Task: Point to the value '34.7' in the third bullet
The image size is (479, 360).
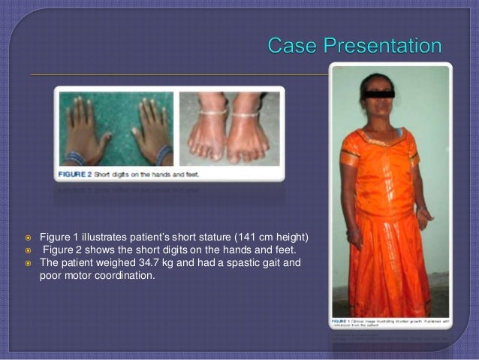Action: click(x=128, y=264)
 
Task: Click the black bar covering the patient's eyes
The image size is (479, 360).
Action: click(x=378, y=94)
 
